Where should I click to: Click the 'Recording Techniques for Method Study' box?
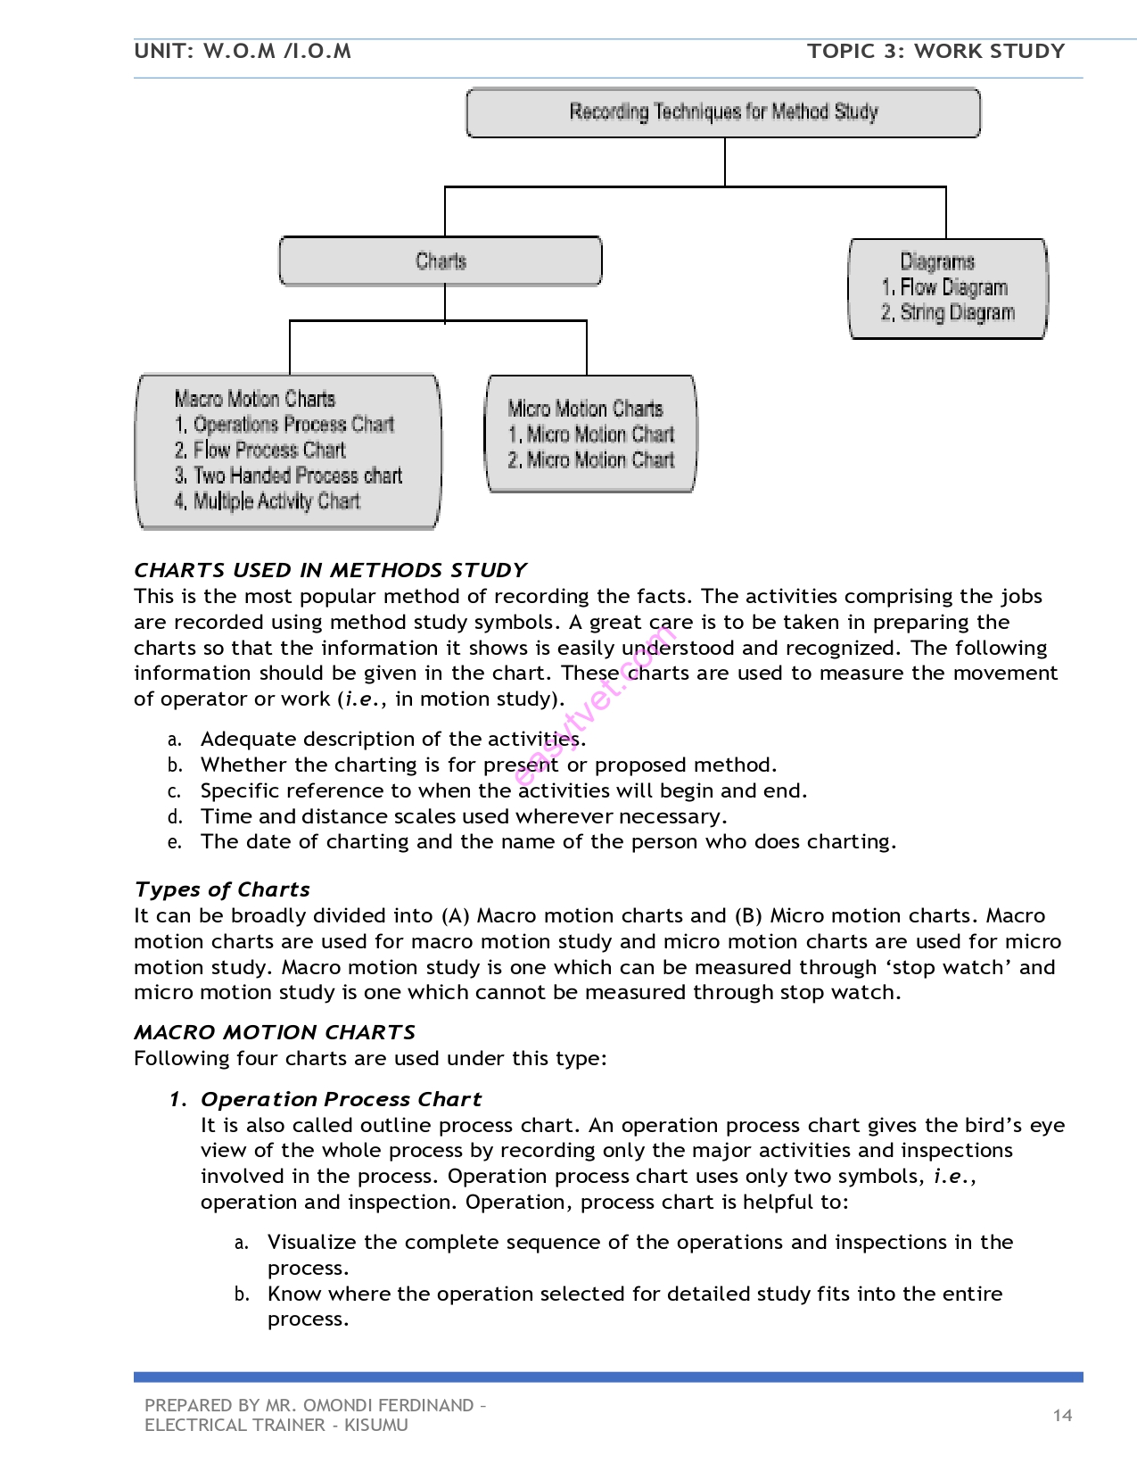tap(723, 112)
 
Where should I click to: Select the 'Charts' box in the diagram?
tap(441, 261)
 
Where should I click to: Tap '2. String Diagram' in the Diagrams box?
tap(948, 313)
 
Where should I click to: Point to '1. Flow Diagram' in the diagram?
tap(944, 287)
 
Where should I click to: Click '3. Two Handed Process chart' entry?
tap(288, 476)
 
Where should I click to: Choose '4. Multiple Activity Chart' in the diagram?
tap(268, 501)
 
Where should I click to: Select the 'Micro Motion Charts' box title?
tap(585, 409)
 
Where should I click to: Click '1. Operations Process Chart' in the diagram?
tap(284, 425)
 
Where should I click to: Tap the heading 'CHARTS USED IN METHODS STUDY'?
tap(330, 570)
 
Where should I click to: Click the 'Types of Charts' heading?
tap(222, 889)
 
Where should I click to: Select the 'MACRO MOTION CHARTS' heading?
tap(275, 1032)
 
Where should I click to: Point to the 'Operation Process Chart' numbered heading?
tap(341, 1099)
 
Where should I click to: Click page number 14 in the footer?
tap(1062, 1415)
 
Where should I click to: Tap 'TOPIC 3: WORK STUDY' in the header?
tap(935, 51)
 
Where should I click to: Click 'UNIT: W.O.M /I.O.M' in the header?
tap(243, 51)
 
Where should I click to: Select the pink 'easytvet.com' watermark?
tap(596, 705)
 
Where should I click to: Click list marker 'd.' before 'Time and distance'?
tap(175, 817)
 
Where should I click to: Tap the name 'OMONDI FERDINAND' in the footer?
tap(389, 1405)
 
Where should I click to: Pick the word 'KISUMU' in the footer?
tap(376, 1425)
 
